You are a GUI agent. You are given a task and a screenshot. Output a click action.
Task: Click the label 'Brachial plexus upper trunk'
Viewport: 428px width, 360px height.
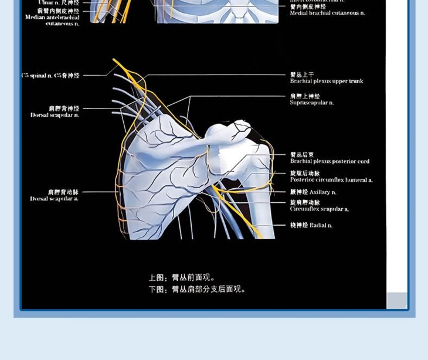[326, 81]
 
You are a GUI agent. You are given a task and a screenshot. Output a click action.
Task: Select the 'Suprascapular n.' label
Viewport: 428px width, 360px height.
[311, 103]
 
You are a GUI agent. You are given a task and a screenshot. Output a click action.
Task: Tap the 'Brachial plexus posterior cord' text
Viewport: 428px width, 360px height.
[330, 161]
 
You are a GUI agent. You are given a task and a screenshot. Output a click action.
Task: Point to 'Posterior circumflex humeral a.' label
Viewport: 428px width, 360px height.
[331, 180]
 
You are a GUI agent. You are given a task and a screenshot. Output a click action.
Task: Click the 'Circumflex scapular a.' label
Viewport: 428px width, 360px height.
[319, 209]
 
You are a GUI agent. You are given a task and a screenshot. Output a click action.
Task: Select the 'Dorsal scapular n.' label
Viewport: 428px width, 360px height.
[55, 116]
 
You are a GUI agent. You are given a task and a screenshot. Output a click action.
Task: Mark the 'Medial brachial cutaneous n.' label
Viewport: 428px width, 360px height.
[327, 13]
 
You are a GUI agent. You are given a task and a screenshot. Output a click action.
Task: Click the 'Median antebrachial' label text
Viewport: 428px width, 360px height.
[52, 18]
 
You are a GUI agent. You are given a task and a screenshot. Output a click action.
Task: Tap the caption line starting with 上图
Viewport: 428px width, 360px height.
[182, 278]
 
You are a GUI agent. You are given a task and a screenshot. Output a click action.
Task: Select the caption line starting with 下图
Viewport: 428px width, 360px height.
[196, 289]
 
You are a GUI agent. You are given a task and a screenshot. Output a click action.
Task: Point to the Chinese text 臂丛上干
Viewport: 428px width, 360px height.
[302, 75]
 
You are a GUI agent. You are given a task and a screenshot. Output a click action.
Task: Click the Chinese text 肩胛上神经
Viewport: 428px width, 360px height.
[305, 97]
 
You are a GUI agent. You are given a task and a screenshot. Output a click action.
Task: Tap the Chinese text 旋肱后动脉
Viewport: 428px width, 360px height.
[305, 174]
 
